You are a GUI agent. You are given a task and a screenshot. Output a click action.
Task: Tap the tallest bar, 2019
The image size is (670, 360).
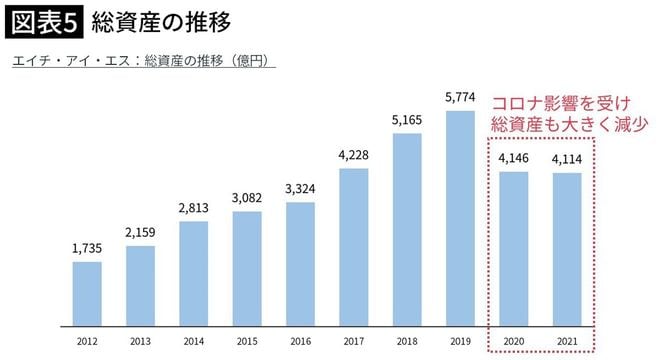(459, 218)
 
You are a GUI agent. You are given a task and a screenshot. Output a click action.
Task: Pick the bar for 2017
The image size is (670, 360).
(353, 247)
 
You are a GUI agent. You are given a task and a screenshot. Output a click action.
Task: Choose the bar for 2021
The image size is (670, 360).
(565, 250)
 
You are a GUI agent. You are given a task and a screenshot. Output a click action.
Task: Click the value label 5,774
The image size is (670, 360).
(459, 97)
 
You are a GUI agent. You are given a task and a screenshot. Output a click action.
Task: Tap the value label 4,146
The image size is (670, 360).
(512, 158)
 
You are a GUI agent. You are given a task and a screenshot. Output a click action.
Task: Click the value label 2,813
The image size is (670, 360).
(194, 207)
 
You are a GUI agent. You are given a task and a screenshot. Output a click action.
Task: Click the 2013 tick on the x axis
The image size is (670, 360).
(141, 342)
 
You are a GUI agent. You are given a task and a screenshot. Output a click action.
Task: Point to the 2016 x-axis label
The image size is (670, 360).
(300, 342)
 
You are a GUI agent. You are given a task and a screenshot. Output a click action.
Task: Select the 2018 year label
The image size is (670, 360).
(406, 342)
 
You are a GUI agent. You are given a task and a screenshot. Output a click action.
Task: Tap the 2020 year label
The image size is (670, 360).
(512, 342)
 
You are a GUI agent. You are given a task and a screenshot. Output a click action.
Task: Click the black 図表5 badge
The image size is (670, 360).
(42, 21)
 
